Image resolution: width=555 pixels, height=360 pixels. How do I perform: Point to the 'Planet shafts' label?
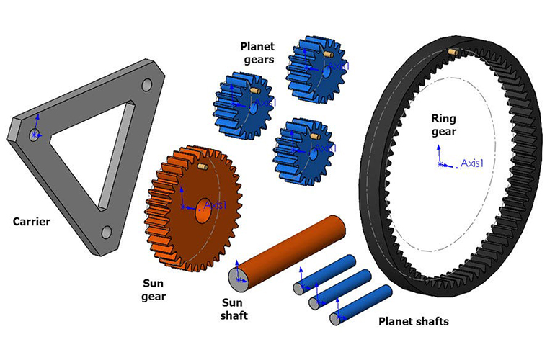point(413,321)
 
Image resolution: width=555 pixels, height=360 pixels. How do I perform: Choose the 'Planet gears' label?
point(257,53)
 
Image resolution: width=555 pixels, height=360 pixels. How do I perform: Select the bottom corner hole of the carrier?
point(106,232)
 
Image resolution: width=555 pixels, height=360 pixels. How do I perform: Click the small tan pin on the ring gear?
point(452,53)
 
